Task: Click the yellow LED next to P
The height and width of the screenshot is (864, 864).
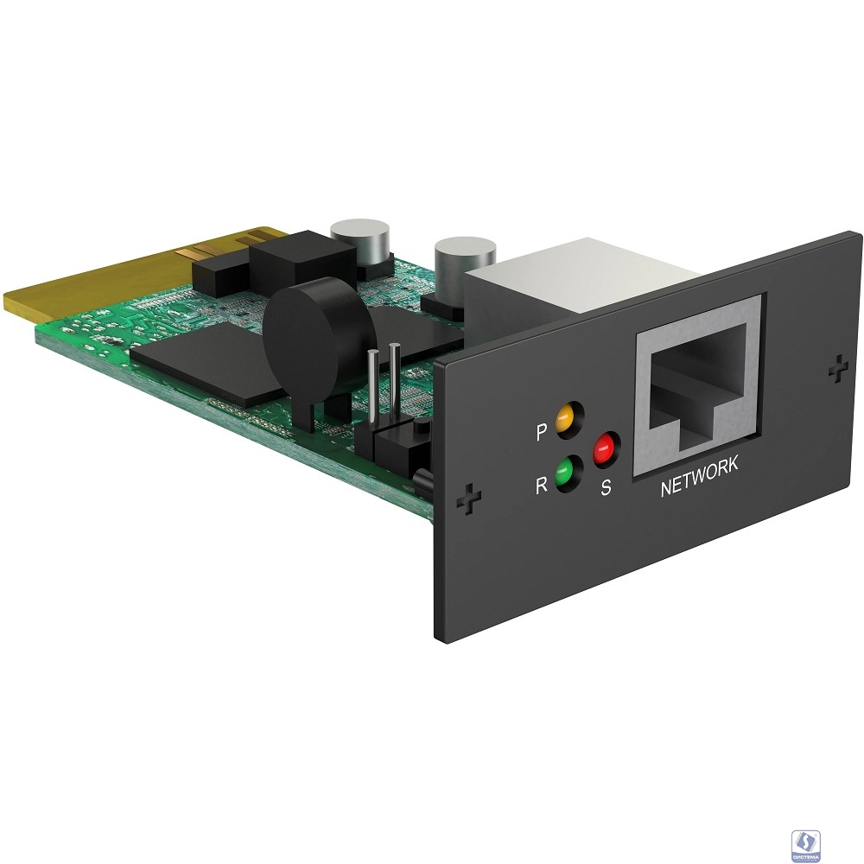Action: pyautogui.click(x=566, y=419)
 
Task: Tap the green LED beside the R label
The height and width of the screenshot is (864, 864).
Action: pyautogui.click(x=567, y=474)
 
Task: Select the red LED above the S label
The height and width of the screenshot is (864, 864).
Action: pyautogui.click(x=603, y=448)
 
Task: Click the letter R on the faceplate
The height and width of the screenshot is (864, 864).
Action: pyautogui.click(x=541, y=486)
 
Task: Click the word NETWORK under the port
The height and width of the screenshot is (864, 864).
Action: pyautogui.click(x=699, y=467)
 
